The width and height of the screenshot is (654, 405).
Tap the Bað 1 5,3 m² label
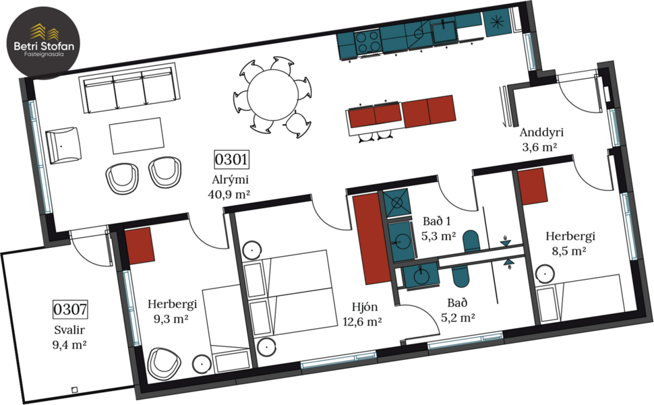pyautogui.click(x=438, y=228)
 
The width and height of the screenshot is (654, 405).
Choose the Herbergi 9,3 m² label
pyautogui.click(x=168, y=311)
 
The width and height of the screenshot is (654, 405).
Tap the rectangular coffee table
pyautogui.click(x=137, y=135)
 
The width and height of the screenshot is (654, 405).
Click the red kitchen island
pyautogui.click(x=402, y=113)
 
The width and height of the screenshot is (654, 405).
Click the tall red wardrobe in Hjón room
pyautogui.click(x=369, y=238)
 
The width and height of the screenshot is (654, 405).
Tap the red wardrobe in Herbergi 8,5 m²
pyautogui.click(x=532, y=186)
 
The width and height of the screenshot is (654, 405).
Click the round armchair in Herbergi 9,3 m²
pyautogui.click(x=162, y=361)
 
